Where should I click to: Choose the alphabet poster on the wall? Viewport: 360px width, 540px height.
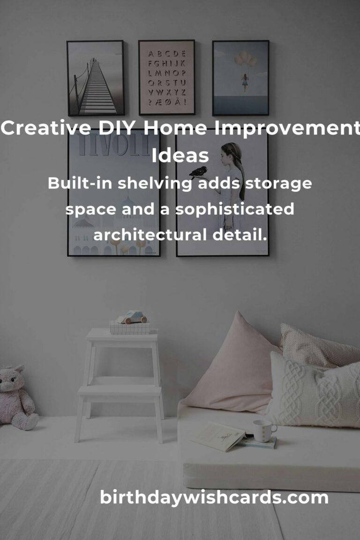(x=167, y=77)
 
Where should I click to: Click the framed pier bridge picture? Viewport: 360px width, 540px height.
(x=96, y=78)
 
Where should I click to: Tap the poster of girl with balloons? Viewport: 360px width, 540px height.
(x=240, y=78)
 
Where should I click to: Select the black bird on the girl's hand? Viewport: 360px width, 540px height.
(x=199, y=172)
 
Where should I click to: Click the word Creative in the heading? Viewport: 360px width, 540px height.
(x=46, y=128)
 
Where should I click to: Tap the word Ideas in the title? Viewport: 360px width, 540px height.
(x=180, y=155)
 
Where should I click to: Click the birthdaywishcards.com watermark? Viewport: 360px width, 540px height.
(x=214, y=498)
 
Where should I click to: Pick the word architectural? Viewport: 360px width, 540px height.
(x=150, y=235)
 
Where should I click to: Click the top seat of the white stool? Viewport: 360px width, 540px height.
(x=122, y=334)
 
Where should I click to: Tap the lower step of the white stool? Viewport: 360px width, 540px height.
(x=119, y=390)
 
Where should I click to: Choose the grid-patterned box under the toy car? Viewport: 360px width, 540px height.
(x=130, y=328)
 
